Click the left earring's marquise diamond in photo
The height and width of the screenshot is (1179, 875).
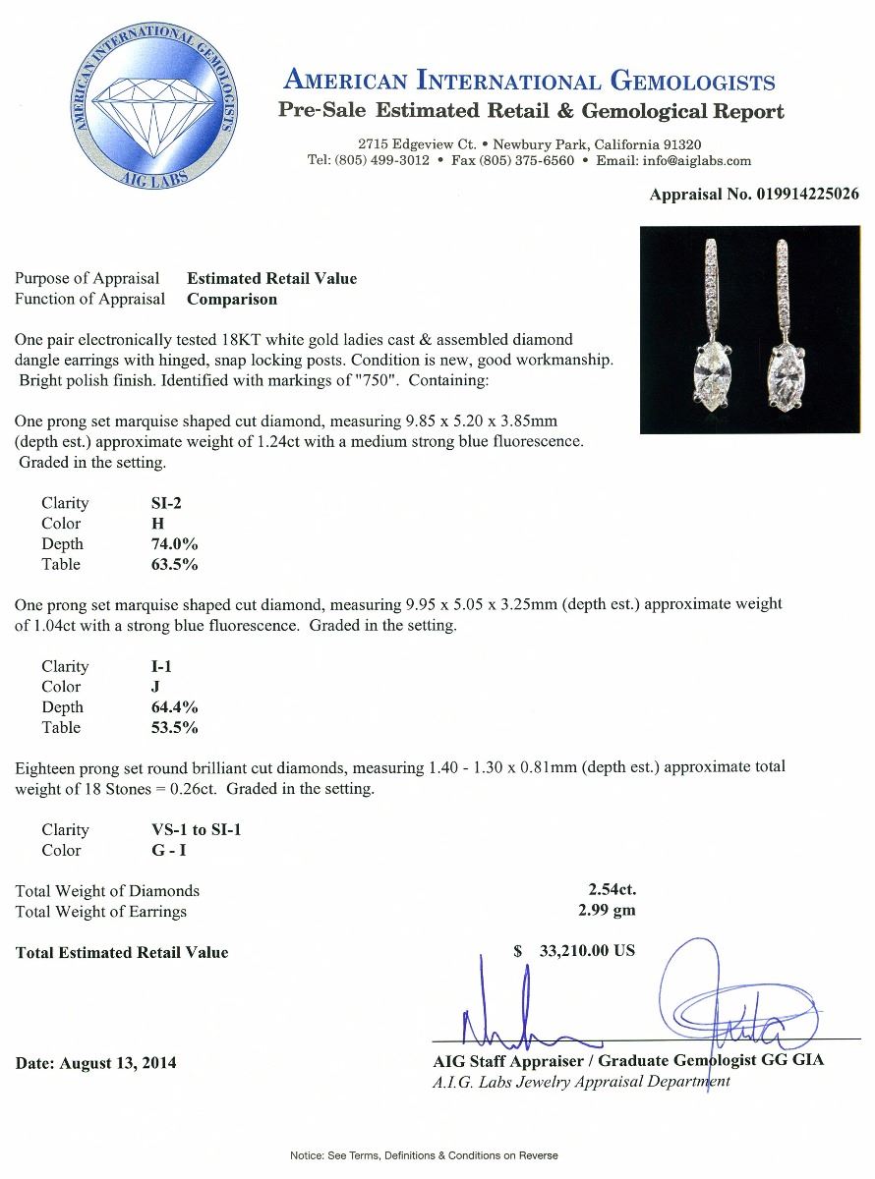[x=715, y=378]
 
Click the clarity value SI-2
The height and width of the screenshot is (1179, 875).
[x=161, y=503]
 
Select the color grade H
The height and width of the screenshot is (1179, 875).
[x=145, y=524]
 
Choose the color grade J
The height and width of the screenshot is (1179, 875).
[x=144, y=687]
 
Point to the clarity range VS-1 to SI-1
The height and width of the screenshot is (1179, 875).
[x=191, y=830]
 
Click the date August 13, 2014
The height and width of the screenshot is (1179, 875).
[x=96, y=1063]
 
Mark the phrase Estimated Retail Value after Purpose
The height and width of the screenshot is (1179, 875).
[x=271, y=278]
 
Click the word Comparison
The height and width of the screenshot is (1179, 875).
[x=232, y=299]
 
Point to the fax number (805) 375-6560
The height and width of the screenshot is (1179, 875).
[x=526, y=160]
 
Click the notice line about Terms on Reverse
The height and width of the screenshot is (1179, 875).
[x=424, y=1155]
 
